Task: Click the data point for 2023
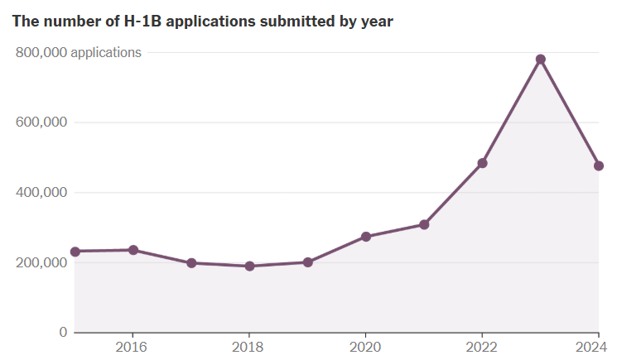click(540, 60)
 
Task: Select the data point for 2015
click(75, 252)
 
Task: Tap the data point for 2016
click(133, 250)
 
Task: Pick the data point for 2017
click(191, 263)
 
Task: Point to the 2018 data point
click(249, 266)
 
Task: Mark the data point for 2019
click(308, 262)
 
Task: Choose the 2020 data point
click(366, 237)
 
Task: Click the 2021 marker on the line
click(424, 225)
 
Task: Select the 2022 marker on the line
click(482, 163)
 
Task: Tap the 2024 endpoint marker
click(599, 166)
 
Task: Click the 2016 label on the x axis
click(131, 347)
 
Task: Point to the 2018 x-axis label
click(248, 347)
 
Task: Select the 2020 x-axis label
click(365, 347)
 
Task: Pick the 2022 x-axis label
click(482, 347)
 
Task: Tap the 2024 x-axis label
click(591, 347)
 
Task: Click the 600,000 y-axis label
click(41, 122)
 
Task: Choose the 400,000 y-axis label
click(41, 192)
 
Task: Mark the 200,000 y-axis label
click(41, 262)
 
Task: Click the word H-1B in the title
click(142, 22)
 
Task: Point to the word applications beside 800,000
click(106, 53)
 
